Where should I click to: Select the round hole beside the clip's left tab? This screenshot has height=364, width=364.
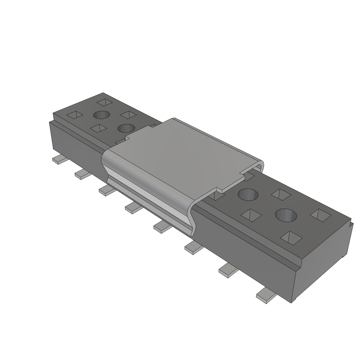coord(126,128)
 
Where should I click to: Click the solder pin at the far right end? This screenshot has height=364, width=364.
coord(266,295)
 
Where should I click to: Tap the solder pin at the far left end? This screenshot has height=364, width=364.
coord(59,160)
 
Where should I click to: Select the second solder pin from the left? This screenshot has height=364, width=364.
coord(82,174)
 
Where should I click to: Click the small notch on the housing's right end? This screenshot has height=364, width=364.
coord(352,224)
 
